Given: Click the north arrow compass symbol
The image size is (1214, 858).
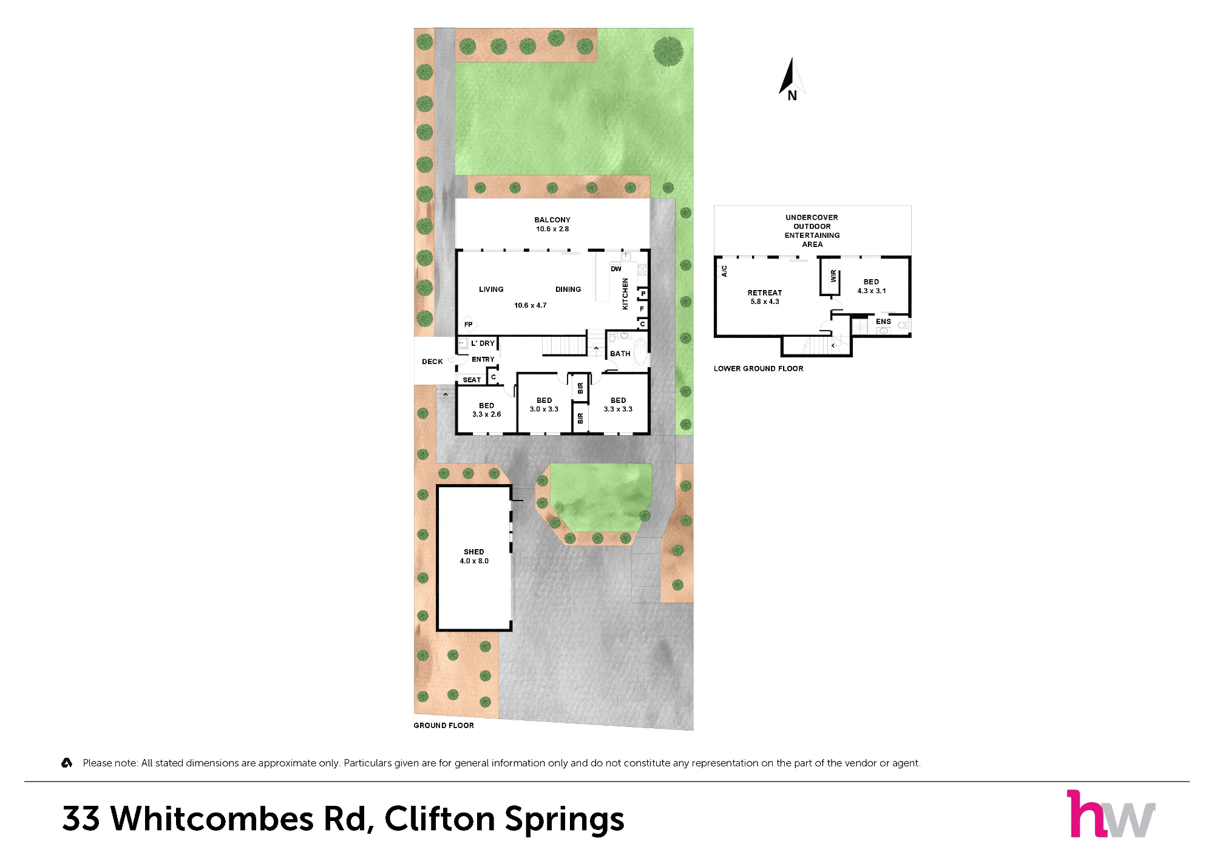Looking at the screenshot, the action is click(792, 79).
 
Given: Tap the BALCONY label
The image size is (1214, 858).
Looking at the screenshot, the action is click(552, 220).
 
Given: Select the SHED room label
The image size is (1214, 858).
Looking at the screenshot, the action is click(474, 552).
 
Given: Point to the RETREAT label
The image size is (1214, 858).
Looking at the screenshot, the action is click(765, 292).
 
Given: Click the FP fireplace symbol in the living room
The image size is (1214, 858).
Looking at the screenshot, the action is click(468, 324).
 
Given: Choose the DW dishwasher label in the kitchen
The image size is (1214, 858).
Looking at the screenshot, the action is click(616, 269).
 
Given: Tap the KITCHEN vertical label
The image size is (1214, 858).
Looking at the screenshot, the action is click(625, 294).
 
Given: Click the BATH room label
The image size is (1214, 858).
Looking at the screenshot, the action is click(620, 354).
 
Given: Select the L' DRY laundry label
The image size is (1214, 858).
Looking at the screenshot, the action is click(483, 343).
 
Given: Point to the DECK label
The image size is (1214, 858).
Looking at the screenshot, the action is click(432, 362).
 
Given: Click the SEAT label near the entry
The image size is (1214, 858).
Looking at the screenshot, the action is click(472, 380).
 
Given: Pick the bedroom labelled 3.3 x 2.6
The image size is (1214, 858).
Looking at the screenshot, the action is click(487, 410).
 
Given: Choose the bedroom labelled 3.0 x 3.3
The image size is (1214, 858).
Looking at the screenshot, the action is click(544, 405).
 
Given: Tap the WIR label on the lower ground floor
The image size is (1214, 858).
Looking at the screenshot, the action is click(833, 276).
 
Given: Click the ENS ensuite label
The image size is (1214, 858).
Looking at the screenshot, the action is click(883, 322).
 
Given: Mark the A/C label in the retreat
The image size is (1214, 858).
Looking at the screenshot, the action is click(724, 271).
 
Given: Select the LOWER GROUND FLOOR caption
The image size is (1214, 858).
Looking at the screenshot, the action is click(758, 368).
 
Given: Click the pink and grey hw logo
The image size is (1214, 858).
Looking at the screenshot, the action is click(1111, 813).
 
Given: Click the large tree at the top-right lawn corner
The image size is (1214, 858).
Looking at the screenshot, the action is click(668, 51).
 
